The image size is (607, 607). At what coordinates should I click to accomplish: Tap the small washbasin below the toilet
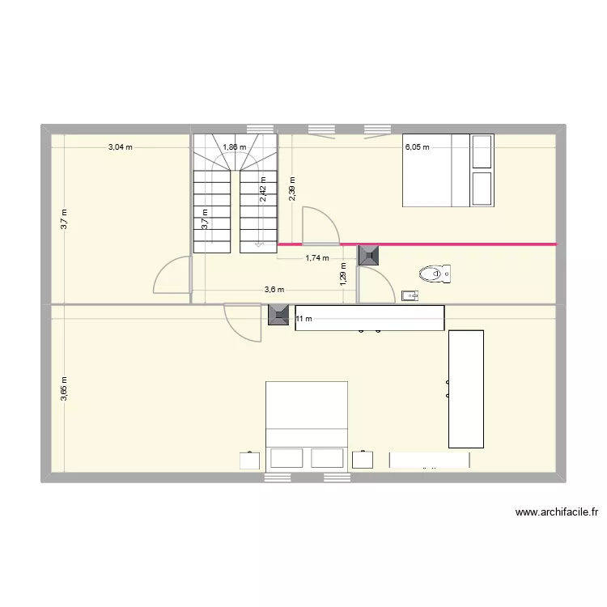[x=410, y=296]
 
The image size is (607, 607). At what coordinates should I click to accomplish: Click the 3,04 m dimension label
[x=121, y=147]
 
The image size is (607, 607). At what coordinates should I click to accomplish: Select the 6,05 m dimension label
[x=417, y=147]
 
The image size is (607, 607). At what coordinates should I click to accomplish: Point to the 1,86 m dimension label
[x=234, y=147]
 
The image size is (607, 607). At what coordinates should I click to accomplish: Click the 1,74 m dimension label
[x=316, y=258]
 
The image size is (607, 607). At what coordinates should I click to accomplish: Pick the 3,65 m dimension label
[x=64, y=389]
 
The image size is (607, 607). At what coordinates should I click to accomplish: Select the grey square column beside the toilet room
[x=370, y=256]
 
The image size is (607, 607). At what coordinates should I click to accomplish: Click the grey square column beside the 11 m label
[x=279, y=315]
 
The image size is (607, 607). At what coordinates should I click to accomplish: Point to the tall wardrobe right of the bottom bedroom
[x=465, y=388]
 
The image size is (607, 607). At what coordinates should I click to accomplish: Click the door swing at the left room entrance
[x=172, y=275]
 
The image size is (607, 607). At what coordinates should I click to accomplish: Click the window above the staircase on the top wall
[x=260, y=129]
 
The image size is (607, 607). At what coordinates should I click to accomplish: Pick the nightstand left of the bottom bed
[x=250, y=460]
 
